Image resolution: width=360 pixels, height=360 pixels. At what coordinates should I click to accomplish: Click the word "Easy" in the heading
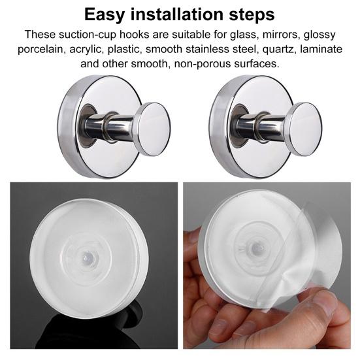coord(105,15)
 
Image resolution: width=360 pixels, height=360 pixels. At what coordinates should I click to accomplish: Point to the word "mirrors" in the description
coord(281,35)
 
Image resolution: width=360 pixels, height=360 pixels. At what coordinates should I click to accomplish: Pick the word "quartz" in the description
coord(278,50)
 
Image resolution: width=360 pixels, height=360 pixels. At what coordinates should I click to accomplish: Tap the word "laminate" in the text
coord(321,49)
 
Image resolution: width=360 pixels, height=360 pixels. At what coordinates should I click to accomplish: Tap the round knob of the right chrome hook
coord(306,129)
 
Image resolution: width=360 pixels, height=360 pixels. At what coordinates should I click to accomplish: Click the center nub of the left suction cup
coord(87,256)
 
